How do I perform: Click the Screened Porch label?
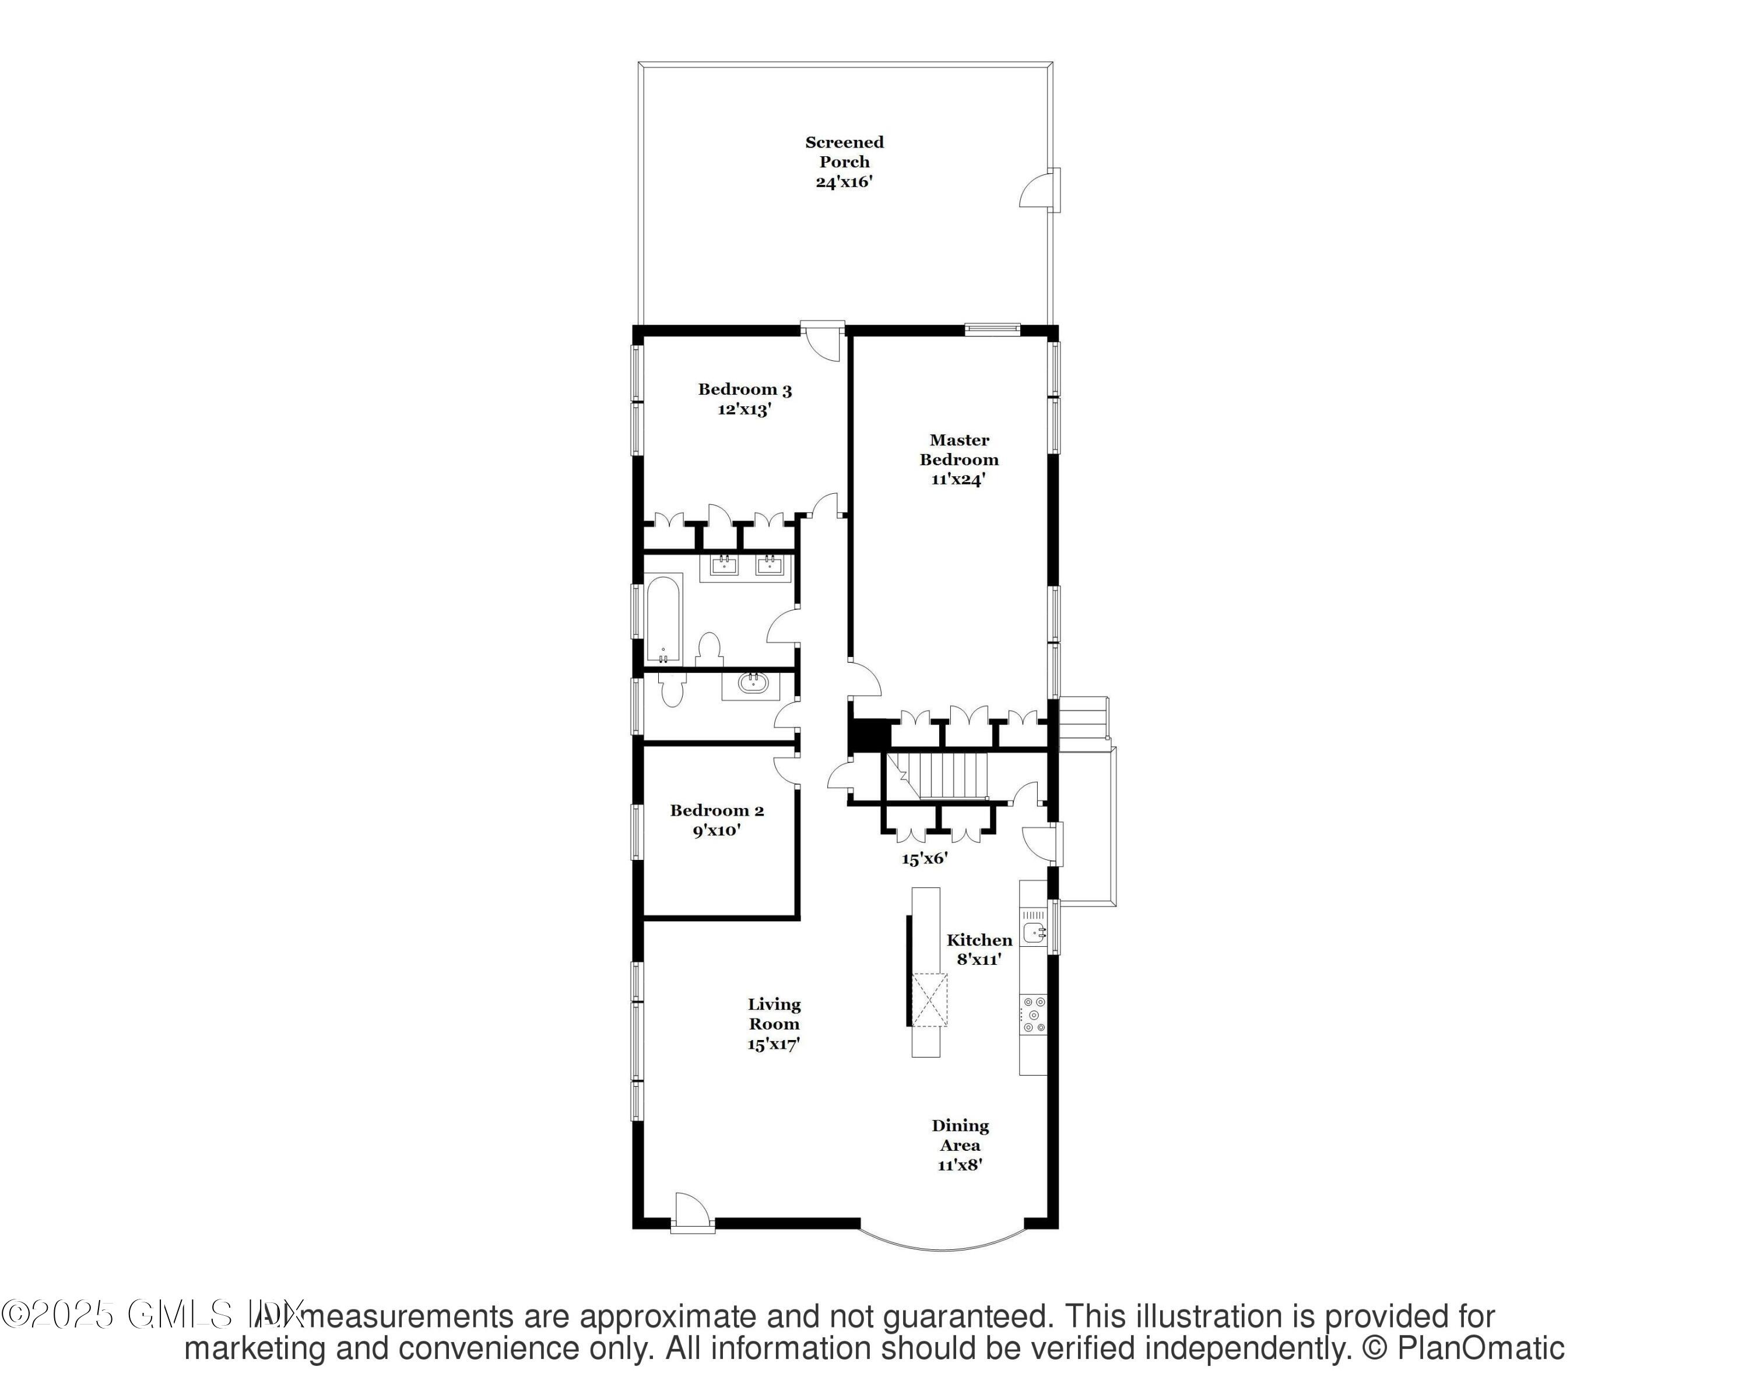click(x=844, y=152)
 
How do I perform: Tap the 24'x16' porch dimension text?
click(x=844, y=182)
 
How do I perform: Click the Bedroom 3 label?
click(x=744, y=390)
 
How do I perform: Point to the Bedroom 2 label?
click(x=717, y=811)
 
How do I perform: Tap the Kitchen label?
click(x=979, y=940)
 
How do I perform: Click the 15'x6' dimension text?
click(x=924, y=859)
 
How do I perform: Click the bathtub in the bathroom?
click(x=663, y=619)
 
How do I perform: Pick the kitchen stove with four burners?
click(x=1034, y=1014)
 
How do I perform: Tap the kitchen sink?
click(x=1033, y=933)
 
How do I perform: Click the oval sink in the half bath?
click(x=752, y=684)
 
